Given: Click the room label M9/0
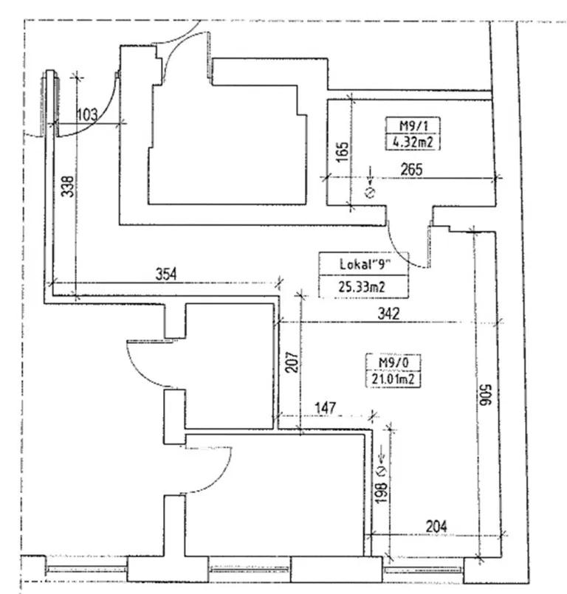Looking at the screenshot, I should click(388, 363).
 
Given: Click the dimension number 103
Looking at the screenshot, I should click(87, 114).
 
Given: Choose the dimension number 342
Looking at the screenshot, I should click(387, 314).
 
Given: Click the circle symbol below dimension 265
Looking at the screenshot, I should click(371, 194).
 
